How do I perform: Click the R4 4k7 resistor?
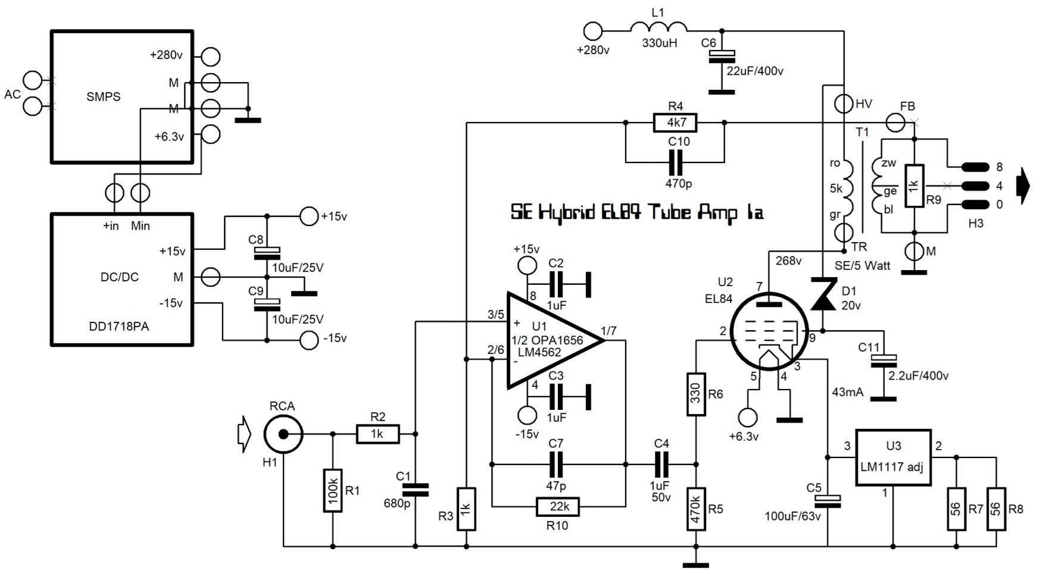(x=675, y=123)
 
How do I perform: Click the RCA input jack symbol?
(x=283, y=434)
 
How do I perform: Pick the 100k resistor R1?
(x=332, y=490)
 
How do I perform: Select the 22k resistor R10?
(x=558, y=506)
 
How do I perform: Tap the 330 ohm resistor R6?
(x=696, y=394)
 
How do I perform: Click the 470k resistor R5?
(x=696, y=509)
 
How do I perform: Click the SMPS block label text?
(x=103, y=96)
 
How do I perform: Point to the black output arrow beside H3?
(x=1023, y=186)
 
